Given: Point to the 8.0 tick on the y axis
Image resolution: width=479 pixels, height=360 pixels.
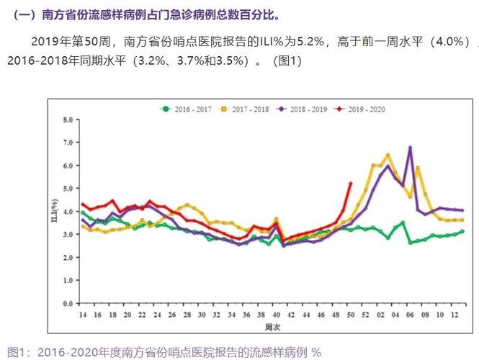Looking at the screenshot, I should click(68, 120).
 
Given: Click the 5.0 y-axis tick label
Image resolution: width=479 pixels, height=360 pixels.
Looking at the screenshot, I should click(68, 189).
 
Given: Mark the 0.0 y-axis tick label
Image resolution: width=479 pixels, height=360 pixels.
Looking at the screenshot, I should click(68, 304).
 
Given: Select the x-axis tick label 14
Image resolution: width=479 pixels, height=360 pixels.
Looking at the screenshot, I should click(83, 315).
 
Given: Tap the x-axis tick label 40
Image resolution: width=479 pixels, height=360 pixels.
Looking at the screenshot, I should click(276, 315).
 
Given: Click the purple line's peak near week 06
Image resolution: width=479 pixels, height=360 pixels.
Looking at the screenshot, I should click(410, 147).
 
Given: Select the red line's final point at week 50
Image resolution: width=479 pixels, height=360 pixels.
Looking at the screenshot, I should click(350, 183).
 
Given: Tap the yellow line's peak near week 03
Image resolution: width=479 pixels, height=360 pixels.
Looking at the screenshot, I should click(388, 155).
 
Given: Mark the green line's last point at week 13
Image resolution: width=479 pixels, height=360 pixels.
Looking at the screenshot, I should click(462, 231).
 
